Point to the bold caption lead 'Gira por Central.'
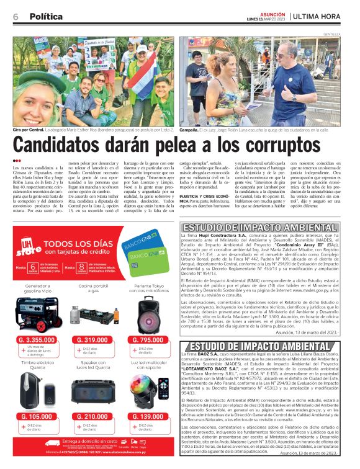click(29, 130)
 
